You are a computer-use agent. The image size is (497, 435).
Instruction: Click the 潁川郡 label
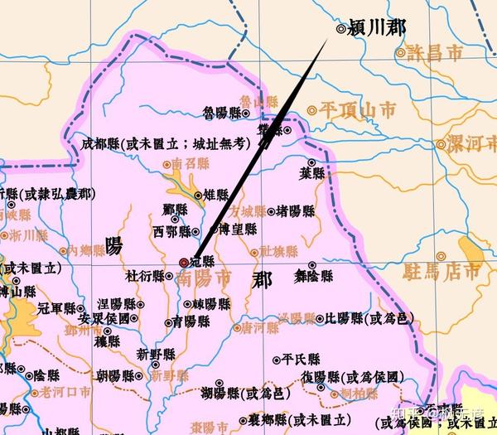pyautogui.click(x=378, y=27)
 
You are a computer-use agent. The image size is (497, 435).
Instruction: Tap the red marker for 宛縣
pyautogui.click(x=184, y=262)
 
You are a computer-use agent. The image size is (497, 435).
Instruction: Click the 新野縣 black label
pyautogui.click(x=156, y=354)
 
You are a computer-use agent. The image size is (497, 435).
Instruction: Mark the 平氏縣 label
pyautogui.click(x=302, y=360)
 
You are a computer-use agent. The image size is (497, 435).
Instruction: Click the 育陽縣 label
pyautogui.click(x=191, y=321)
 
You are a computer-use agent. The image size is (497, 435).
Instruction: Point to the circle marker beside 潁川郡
pyautogui.click(x=341, y=28)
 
